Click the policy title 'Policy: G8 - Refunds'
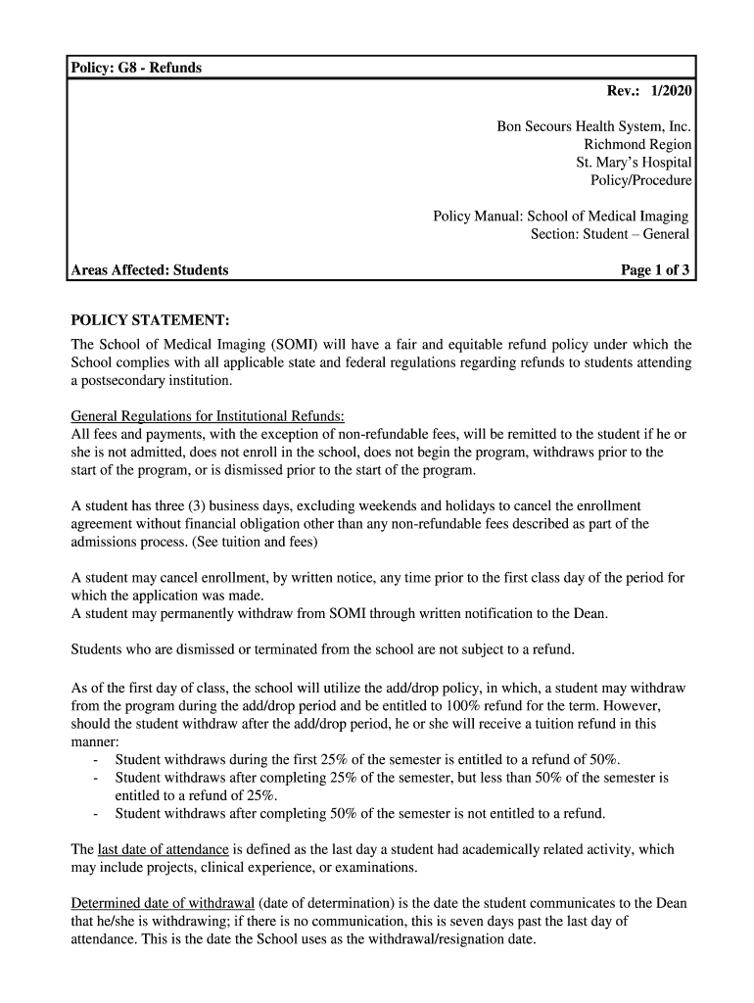click(135, 68)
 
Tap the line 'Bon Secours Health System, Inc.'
click(593, 127)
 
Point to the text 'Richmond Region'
click(637, 145)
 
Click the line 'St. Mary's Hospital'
click(634, 163)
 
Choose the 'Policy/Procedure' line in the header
click(640, 180)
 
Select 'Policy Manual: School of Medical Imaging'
click(561, 216)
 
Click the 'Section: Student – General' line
click(610, 234)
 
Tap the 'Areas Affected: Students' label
click(150, 269)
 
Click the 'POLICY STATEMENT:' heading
click(151, 321)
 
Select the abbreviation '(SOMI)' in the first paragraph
click(285, 345)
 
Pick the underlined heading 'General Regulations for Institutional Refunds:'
click(209, 415)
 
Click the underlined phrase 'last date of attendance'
click(164, 849)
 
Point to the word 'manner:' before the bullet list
click(95, 741)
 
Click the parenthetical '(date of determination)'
click(329, 903)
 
